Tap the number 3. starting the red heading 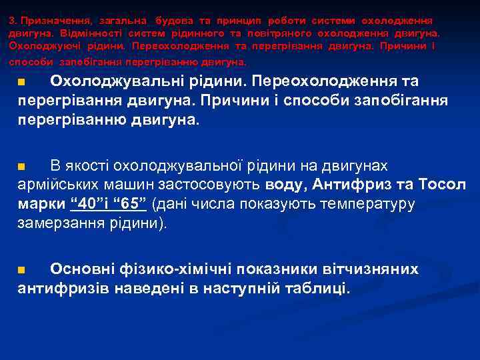click(13, 21)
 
